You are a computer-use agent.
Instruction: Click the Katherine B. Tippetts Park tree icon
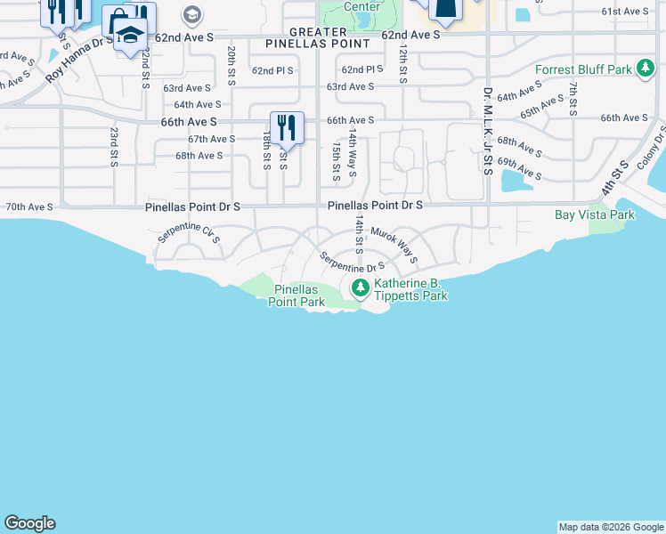tap(360, 287)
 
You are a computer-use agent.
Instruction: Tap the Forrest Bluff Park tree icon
tap(646, 70)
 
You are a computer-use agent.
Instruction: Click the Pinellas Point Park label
tap(297, 295)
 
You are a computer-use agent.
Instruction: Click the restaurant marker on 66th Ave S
tap(287, 127)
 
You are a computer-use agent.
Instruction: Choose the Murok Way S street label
tap(394, 245)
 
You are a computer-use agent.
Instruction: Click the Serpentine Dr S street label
tap(353, 264)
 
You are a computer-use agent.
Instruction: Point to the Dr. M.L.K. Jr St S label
tap(487, 130)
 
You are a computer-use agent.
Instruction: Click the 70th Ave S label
tap(29, 206)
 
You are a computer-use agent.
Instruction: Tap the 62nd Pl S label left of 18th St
tap(273, 70)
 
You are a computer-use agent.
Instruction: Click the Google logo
tap(29, 523)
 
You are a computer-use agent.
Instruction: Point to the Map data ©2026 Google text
tap(611, 527)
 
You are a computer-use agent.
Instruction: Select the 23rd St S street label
tap(114, 146)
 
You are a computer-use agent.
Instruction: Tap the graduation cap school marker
tap(130, 35)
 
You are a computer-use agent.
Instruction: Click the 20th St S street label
tap(231, 65)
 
